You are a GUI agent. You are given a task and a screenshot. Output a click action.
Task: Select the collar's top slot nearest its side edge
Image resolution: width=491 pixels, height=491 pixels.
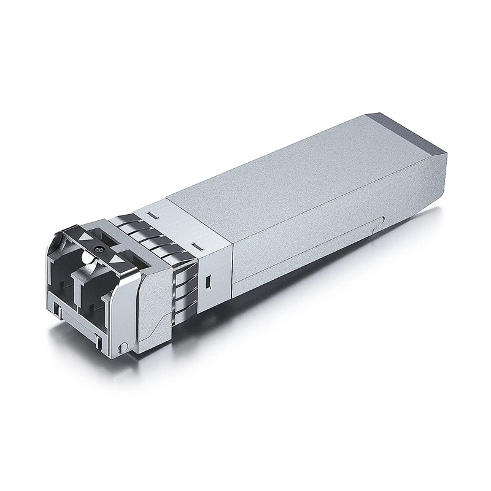pos(196,245)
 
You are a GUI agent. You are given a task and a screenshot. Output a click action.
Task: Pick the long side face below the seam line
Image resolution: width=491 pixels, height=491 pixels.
pos(319,245)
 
